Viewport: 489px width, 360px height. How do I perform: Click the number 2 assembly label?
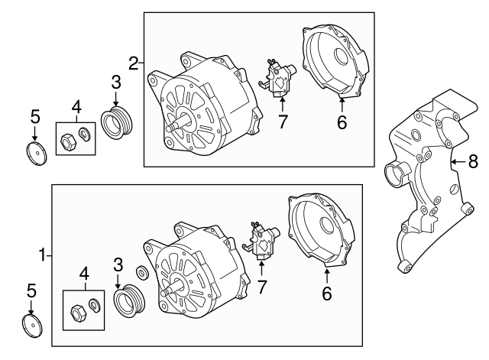tap(133, 63)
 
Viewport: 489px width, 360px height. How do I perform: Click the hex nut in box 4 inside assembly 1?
tap(77, 312)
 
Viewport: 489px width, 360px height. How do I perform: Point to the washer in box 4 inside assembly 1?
tap(93, 306)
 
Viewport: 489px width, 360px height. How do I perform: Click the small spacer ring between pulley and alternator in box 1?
tap(142, 273)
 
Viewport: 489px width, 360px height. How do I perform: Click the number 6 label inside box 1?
tap(326, 291)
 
